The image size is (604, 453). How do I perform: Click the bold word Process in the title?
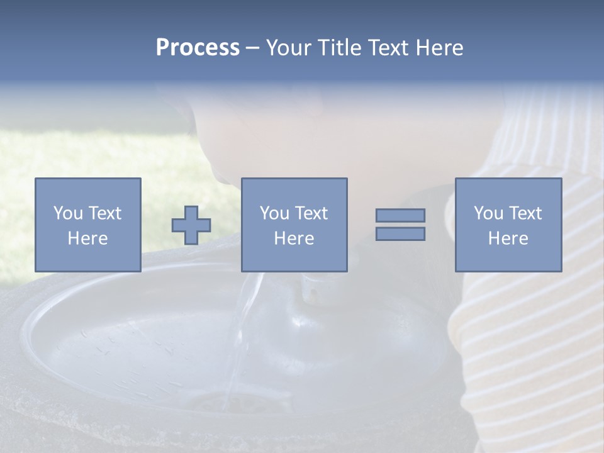pos(198,48)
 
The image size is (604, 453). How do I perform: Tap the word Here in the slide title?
pos(439,48)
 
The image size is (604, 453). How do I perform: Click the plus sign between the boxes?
pos(191,225)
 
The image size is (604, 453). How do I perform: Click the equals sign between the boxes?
pos(400,225)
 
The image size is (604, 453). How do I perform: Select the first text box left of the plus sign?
pos(87,225)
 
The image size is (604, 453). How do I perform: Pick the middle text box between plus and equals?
pos(294,225)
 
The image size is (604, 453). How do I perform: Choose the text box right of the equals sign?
pos(508,225)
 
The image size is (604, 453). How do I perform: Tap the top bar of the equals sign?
pos(400,216)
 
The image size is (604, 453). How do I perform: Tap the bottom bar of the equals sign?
pos(400,234)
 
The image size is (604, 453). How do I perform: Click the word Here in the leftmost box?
pos(87,238)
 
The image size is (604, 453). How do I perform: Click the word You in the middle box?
pos(274,213)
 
